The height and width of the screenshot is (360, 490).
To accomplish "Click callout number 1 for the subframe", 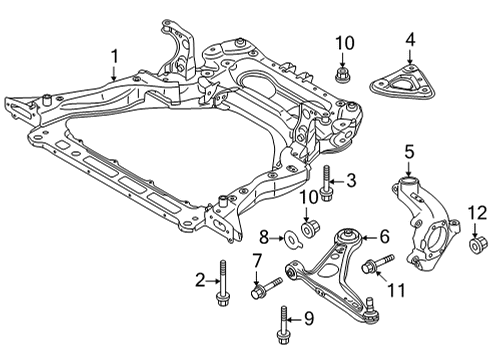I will pyautogui.click(x=115, y=57).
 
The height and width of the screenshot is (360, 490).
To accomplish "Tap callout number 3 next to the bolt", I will pyautogui.click(x=351, y=179).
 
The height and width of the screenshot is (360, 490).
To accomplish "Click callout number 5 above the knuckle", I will pyautogui.click(x=409, y=151).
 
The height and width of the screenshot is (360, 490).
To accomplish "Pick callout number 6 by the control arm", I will pyautogui.click(x=383, y=237).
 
